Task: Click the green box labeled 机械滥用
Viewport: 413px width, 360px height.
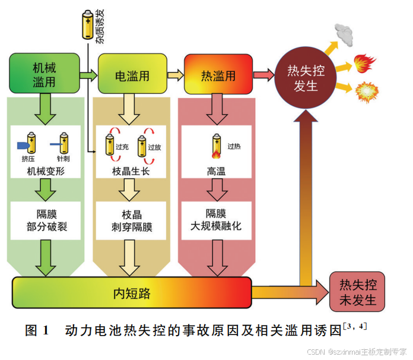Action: click(x=45, y=73)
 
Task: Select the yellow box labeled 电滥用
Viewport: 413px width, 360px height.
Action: click(x=131, y=75)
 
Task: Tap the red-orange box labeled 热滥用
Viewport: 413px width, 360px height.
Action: click(x=218, y=75)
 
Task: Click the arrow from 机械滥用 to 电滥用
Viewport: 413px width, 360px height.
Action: click(x=88, y=75)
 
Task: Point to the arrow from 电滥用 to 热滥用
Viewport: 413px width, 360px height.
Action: click(x=174, y=75)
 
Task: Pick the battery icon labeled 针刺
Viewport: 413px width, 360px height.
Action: click(x=63, y=144)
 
